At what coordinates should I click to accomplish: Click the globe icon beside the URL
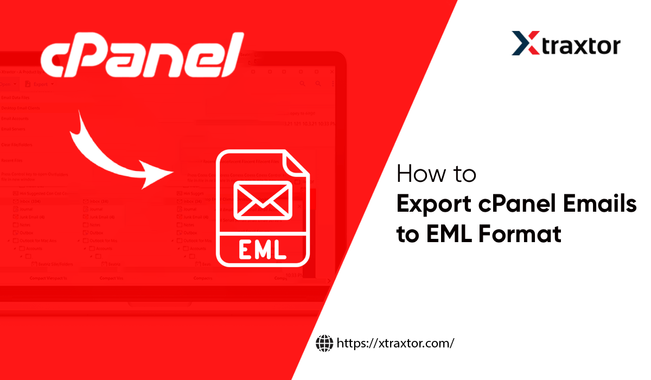coord(324,343)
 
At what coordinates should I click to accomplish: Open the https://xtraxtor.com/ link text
coord(395,343)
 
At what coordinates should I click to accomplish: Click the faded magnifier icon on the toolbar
coord(302,84)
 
